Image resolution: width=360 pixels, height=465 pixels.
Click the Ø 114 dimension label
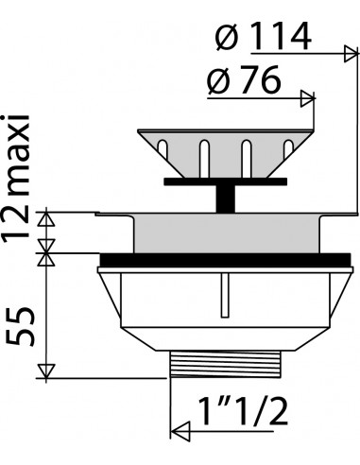click(264, 37)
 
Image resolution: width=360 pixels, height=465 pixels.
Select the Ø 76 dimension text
click(244, 79)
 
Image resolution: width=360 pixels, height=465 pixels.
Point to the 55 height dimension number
click(20, 327)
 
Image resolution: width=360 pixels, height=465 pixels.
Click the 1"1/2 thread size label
click(243, 411)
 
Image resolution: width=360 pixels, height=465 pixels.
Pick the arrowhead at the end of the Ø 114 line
click(351, 54)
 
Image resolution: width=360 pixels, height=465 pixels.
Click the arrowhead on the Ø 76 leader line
click(308, 98)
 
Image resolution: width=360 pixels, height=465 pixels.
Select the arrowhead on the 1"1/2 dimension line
click(180, 431)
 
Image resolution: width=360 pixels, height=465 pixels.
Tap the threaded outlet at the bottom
click(225, 364)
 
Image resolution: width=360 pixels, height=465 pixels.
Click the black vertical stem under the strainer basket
click(225, 198)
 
